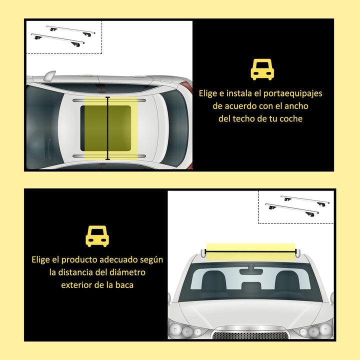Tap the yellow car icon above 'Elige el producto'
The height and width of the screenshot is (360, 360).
97,235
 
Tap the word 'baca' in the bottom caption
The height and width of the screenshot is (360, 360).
123,285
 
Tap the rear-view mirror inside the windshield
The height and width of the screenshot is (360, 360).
251,271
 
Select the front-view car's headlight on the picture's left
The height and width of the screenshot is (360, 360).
182,329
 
